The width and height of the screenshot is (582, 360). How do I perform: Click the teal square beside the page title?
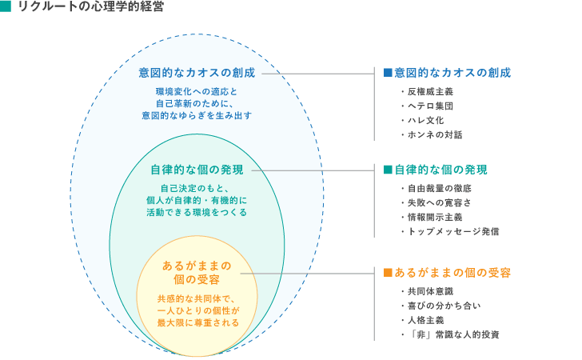tap(5, 6)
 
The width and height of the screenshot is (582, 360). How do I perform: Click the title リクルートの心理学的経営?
tap(91, 6)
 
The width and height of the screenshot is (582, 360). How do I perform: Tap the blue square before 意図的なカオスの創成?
tap(388, 73)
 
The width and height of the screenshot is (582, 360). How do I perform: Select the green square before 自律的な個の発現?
tap(388, 170)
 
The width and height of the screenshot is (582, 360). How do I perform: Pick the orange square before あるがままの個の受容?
tap(388, 273)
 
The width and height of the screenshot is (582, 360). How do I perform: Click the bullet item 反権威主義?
tap(430, 91)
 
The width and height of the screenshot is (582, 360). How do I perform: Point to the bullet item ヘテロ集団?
tap(430, 106)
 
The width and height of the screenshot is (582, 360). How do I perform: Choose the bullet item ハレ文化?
tap(426, 120)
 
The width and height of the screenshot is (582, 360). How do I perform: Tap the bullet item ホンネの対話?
tap(435, 135)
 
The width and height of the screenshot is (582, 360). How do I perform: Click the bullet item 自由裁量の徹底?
tap(440, 188)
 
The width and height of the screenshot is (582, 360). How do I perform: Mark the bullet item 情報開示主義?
tap(435, 218)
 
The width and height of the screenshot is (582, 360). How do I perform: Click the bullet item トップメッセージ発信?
tap(453, 231)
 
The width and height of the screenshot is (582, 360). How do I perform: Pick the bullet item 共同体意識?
tap(430, 291)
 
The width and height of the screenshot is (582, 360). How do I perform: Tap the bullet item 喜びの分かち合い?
tap(444, 306)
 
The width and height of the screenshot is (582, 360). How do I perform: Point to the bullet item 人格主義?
tap(426, 320)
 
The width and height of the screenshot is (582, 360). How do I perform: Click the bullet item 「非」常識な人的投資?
tap(453, 334)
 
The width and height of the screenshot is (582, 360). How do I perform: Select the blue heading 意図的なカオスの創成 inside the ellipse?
tap(197, 73)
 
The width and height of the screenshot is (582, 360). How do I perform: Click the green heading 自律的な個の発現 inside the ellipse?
tap(197, 170)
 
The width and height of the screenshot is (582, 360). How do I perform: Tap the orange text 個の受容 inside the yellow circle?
tap(197, 279)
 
